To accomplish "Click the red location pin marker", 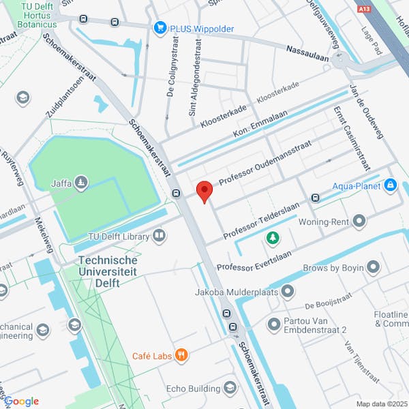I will point(204,191).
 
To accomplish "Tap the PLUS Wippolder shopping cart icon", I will point(160,27).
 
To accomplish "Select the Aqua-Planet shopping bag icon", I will point(390,185).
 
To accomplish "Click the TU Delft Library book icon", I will point(159,236).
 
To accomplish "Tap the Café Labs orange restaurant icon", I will point(181,354).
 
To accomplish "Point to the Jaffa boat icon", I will point(81,183).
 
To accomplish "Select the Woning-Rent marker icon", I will point(359,221).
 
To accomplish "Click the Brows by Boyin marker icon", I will point(373,267).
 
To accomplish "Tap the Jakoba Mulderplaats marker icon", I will point(288,292).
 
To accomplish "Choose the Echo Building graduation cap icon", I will point(230,388).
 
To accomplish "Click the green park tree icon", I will point(273,238).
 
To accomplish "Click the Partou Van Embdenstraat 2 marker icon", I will point(275,323).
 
